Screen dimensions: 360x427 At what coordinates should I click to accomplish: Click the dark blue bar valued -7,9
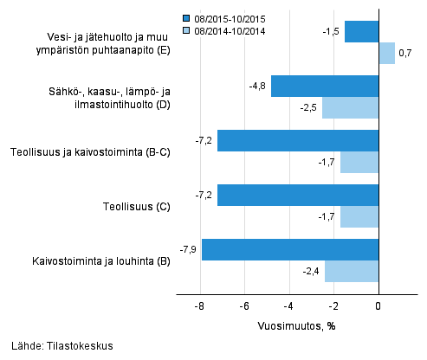click(x=290, y=249)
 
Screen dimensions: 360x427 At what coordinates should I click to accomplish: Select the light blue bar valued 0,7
click(x=386, y=54)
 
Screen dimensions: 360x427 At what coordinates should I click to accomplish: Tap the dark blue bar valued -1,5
click(x=361, y=32)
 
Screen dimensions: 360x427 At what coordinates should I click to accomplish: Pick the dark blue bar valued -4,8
click(x=325, y=87)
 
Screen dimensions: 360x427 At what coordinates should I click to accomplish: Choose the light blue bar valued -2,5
click(x=350, y=108)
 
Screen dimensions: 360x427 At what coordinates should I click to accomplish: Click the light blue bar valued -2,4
click(x=352, y=271)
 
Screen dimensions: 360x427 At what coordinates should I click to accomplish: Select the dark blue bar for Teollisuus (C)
click(x=298, y=195)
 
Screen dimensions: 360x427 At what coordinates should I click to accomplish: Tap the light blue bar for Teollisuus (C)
click(x=359, y=216)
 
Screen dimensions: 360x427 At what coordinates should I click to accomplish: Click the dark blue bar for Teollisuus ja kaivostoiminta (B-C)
click(x=298, y=140)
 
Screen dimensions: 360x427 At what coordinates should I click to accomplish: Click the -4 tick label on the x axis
click(x=289, y=305)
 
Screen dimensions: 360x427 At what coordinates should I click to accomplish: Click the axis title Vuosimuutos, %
click(x=296, y=327)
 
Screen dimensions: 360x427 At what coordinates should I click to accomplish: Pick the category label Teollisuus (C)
click(x=133, y=206)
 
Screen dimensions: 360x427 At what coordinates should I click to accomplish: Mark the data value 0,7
click(x=404, y=54)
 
